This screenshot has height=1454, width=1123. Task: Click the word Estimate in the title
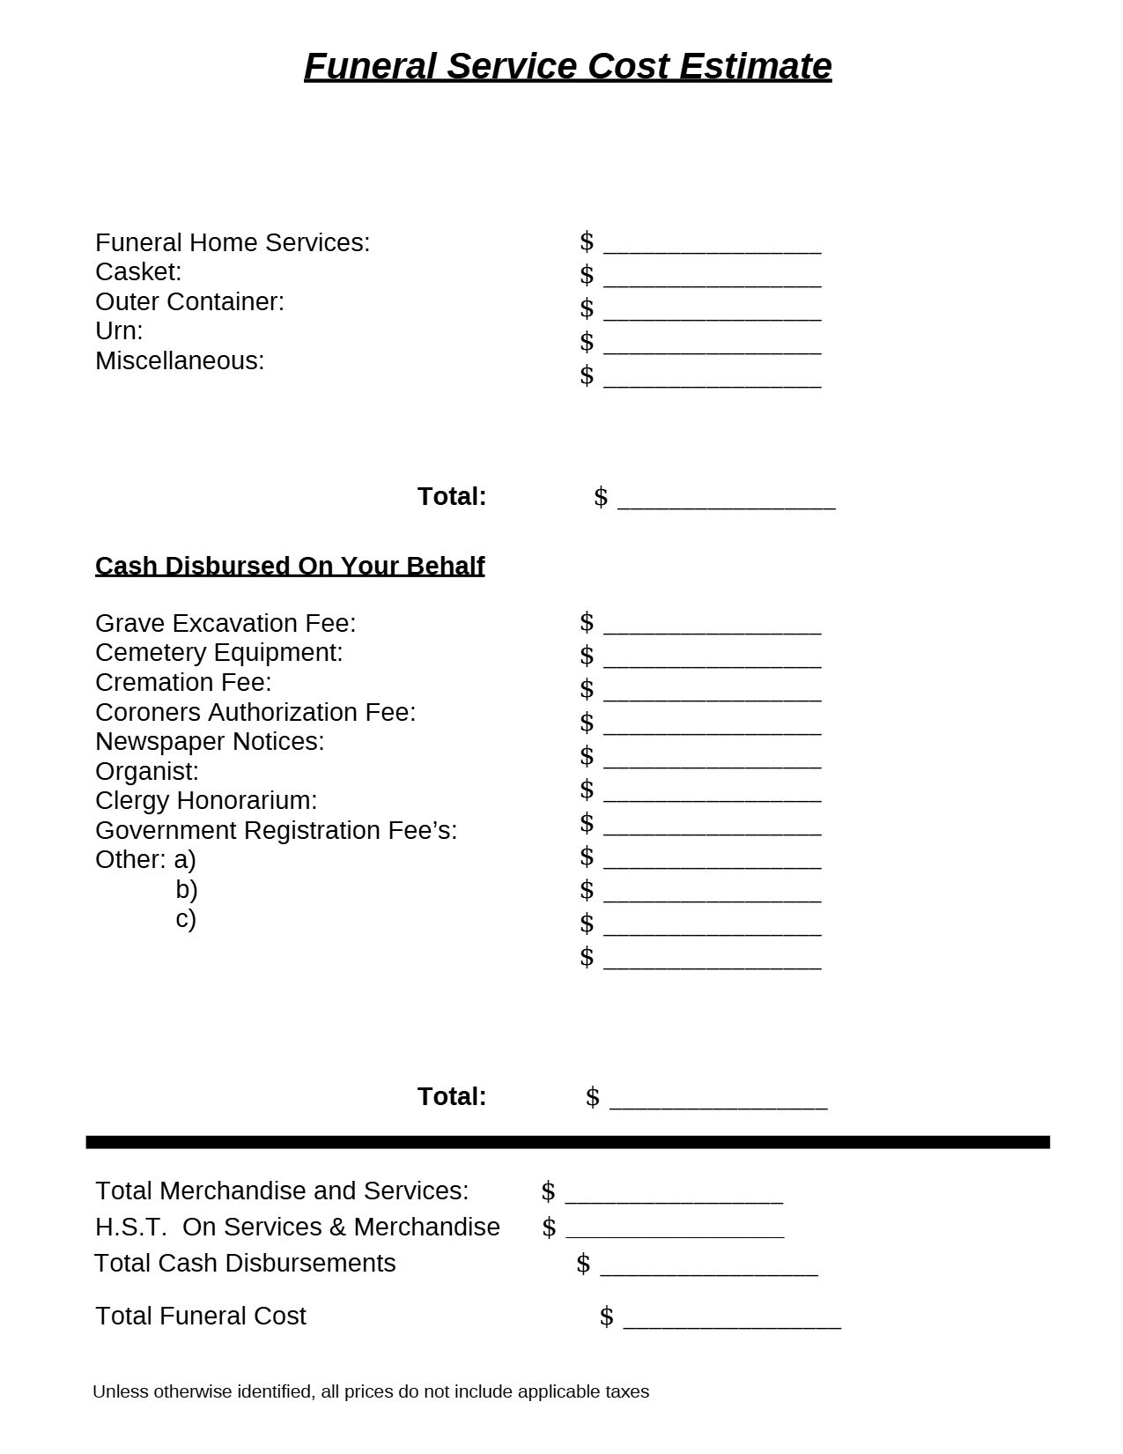(755, 66)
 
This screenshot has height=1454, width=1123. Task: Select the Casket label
(138, 271)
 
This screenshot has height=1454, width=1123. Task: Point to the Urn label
(119, 330)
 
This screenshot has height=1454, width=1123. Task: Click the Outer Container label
(189, 301)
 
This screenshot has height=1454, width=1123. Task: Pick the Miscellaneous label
(180, 360)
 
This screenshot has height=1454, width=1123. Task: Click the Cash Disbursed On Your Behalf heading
(290, 566)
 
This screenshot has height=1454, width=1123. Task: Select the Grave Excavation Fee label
(225, 623)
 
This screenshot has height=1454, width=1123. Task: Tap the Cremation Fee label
(183, 682)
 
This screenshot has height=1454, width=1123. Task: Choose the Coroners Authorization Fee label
(255, 712)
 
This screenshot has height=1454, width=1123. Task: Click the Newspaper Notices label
(210, 741)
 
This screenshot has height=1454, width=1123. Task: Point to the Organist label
(147, 771)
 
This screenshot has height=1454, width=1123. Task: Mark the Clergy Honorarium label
(206, 800)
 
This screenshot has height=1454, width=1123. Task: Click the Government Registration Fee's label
(276, 830)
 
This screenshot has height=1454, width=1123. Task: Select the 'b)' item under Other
(186, 889)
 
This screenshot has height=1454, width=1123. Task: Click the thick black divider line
(567, 1142)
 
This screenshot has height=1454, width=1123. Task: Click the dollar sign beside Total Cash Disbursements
(583, 1264)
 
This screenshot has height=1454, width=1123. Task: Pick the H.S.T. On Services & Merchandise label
(298, 1227)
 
